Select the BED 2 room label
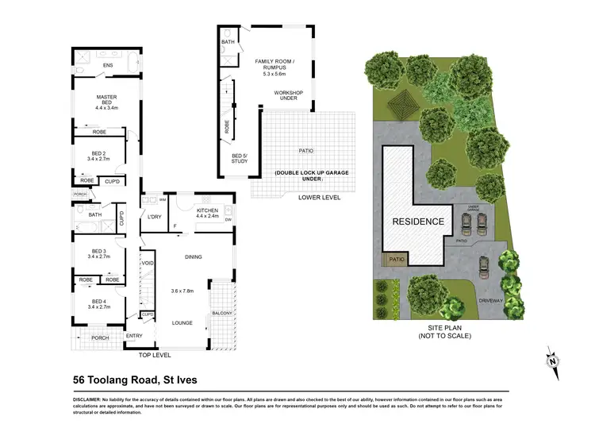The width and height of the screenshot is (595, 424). click(98, 154)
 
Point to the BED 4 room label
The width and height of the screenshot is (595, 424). click(98, 303)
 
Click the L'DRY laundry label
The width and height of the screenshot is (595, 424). click(154, 217)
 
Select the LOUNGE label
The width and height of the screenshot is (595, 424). click(183, 323)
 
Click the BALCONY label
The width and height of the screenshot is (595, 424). click(222, 314)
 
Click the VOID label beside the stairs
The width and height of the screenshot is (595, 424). click(148, 263)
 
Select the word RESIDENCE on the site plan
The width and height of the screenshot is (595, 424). click(416, 222)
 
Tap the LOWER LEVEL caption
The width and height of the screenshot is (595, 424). click(319, 197)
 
